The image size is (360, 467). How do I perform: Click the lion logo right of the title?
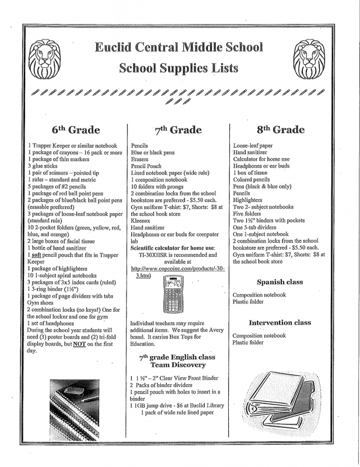pos(313,58)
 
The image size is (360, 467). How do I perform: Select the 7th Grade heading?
pos(179,130)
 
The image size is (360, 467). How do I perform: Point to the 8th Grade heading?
pos(280,129)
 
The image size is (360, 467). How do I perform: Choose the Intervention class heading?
pos(279,322)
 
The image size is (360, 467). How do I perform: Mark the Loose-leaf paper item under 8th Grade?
pos(252,145)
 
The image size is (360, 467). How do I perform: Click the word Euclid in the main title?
pos(118,47)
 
